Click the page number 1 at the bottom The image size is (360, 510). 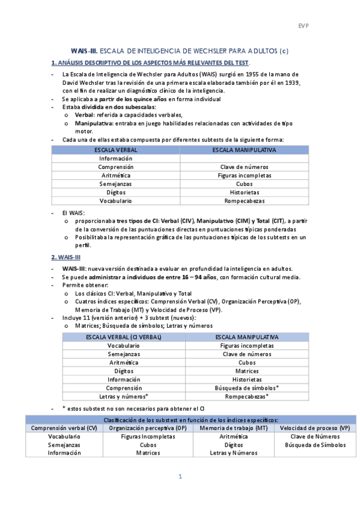point(180,477)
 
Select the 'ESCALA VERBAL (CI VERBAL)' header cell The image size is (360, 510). point(124,337)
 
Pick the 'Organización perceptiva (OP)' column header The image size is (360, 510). point(148,428)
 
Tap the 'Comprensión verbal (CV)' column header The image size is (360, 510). point(64,428)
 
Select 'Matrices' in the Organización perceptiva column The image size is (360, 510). point(148,453)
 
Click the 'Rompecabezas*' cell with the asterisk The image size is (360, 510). point(246,396)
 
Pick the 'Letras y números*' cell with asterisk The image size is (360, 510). point(124,396)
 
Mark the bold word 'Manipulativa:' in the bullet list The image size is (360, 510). point(94,123)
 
